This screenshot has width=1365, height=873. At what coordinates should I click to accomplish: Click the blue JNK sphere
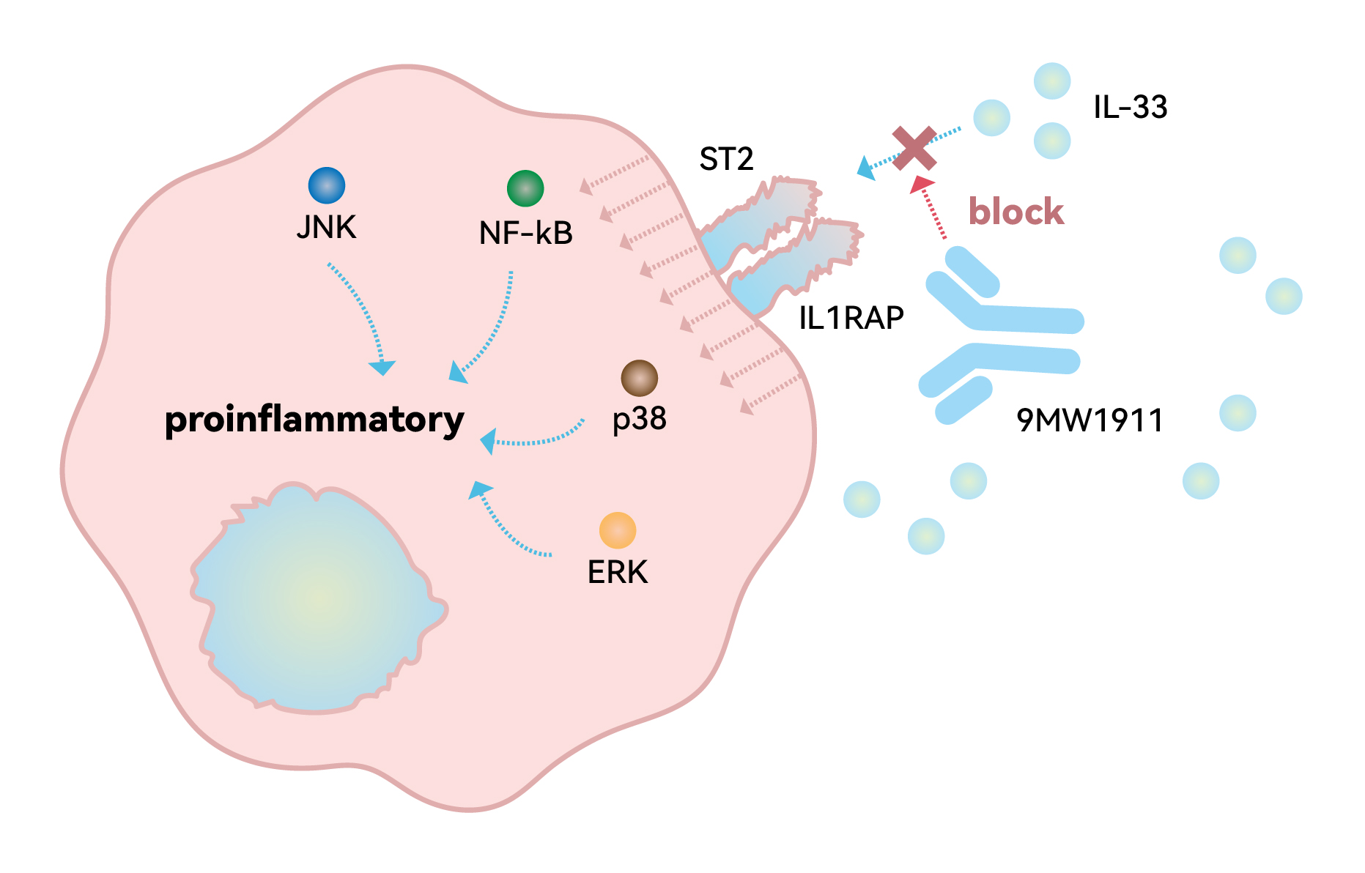tap(327, 185)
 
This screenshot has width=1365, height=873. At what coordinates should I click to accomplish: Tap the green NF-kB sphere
tap(525, 188)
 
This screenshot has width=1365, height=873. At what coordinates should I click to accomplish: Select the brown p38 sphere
tap(639, 379)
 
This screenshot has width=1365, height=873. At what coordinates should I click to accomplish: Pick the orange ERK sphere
tap(618, 530)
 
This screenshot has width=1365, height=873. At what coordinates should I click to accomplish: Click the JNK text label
tap(326, 228)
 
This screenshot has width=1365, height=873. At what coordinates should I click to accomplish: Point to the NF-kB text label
tap(525, 234)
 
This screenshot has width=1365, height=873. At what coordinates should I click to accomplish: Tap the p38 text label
tap(640, 419)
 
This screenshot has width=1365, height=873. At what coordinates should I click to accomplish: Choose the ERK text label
tap(618, 572)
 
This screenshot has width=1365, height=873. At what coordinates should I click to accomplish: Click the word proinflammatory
tap(314, 420)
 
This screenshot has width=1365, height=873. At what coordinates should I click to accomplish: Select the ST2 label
tap(726, 159)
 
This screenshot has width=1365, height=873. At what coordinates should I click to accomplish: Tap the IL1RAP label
tap(851, 318)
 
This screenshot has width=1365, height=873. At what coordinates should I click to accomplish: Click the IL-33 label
tap(1130, 107)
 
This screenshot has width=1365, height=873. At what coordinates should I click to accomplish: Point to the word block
tap(1016, 212)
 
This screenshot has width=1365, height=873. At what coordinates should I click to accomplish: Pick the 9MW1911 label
tap(1090, 420)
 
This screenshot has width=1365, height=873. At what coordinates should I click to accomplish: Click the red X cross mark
tap(914, 148)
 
